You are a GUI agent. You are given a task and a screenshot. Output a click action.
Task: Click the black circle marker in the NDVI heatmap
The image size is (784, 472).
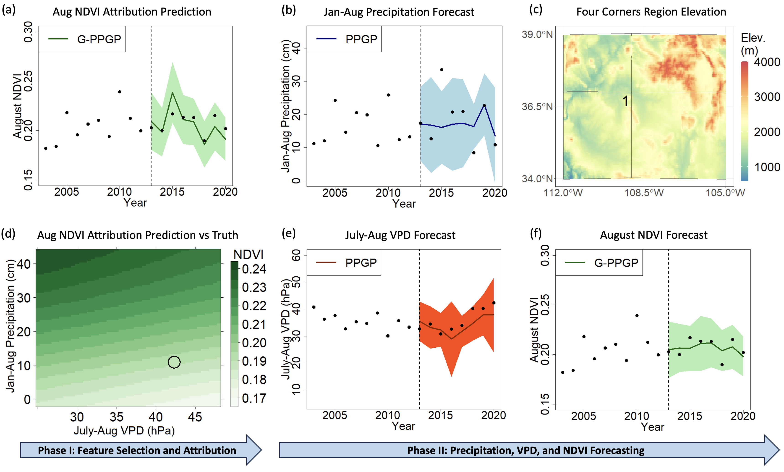(x=174, y=362)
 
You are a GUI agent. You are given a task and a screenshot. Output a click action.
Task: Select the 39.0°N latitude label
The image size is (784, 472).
(x=537, y=34)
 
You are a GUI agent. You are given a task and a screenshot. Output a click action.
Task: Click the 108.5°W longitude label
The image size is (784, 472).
(x=644, y=193)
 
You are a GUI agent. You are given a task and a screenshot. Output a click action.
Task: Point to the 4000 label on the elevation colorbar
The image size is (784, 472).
(x=767, y=62)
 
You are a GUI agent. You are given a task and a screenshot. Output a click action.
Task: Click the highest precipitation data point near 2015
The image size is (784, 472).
(x=442, y=70)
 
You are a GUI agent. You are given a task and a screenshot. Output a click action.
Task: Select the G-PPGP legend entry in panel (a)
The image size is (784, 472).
(x=84, y=39)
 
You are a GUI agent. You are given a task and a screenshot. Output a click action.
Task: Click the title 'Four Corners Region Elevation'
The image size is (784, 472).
(x=651, y=12)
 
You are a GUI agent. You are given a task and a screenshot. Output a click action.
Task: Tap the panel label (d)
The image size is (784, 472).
(x=8, y=234)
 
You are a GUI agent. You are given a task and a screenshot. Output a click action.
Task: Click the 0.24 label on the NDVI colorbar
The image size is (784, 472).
(x=254, y=269)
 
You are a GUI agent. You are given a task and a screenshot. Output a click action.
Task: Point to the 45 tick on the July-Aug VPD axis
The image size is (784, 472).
(x=195, y=417)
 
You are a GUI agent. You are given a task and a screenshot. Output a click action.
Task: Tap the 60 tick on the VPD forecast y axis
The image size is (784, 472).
(x=296, y=255)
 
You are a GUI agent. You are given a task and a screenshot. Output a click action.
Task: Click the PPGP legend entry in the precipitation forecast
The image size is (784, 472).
(x=347, y=39)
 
